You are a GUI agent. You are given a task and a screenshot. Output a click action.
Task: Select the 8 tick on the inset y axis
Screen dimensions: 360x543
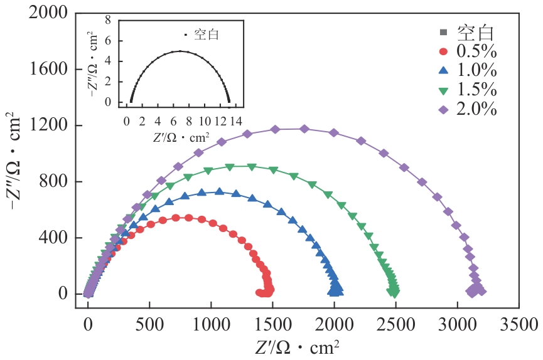[107, 20]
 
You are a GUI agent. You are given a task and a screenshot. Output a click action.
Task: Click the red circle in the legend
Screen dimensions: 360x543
[443, 51]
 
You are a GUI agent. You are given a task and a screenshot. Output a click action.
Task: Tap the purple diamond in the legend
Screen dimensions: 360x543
[443, 109]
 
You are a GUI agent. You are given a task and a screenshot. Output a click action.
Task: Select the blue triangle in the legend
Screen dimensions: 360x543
[443, 71]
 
